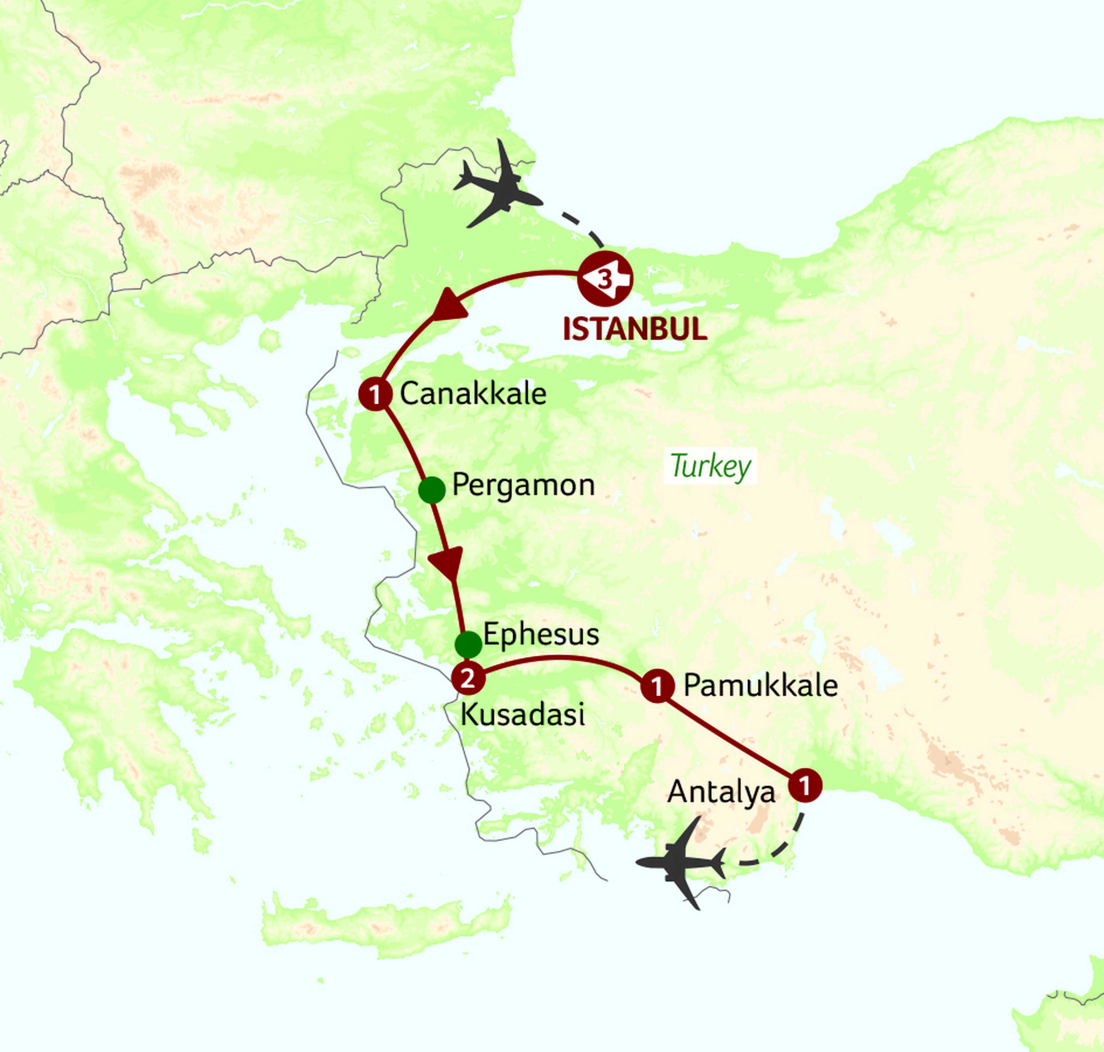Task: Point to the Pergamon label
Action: click(x=523, y=485)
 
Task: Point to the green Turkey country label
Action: click(x=710, y=466)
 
